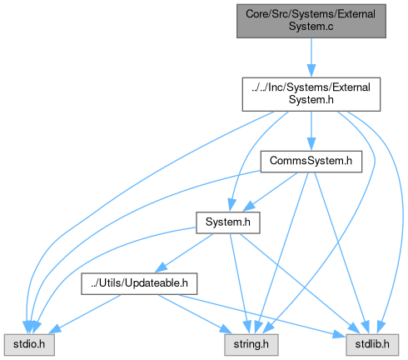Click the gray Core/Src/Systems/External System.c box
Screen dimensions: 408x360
(311, 21)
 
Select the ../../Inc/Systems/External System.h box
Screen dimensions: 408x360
(311, 94)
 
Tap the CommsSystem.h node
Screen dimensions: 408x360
(311, 162)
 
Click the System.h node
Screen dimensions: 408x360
(228, 222)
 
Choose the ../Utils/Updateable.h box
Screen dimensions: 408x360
(139, 283)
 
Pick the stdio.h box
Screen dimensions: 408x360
(29, 345)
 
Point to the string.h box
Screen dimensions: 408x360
(251, 345)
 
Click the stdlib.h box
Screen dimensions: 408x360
(372, 345)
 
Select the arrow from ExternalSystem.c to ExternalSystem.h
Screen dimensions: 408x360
(311, 57)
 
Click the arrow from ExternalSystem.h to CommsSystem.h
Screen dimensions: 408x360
(311, 131)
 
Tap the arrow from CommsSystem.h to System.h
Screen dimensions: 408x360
(270, 192)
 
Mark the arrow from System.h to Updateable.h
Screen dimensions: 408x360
(184, 252)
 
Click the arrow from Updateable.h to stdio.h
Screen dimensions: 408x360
(85, 314)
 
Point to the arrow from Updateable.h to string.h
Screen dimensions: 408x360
(194, 314)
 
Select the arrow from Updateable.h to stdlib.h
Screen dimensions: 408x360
(261, 315)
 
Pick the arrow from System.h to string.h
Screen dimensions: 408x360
(240, 283)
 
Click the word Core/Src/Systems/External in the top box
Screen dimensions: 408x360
(311, 14)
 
